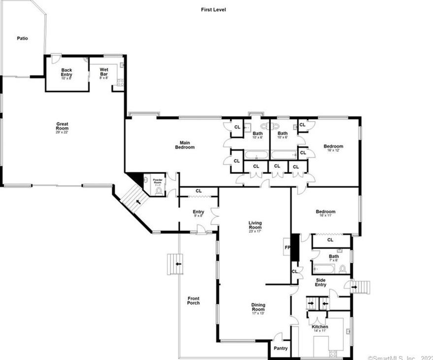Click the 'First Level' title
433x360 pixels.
pyautogui.click(x=213, y=9)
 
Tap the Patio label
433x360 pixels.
pyautogui.click(x=22, y=38)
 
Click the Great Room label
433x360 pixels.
pyautogui.click(x=62, y=127)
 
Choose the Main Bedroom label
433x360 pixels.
pyautogui.click(x=186, y=145)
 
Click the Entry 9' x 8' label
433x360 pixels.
pyautogui.click(x=198, y=213)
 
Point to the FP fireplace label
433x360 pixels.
pyautogui.click(x=286, y=247)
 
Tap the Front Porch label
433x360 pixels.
pyautogui.click(x=194, y=300)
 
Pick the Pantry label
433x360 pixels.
pyautogui.click(x=281, y=348)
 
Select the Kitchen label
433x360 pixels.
pyautogui.click(x=320, y=328)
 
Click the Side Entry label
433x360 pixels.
pyautogui.click(x=321, y=282)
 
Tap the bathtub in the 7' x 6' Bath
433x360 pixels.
pyautogui.click(x=324, y=268)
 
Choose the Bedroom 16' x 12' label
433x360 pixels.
pyautogui.click(x=333, y=148)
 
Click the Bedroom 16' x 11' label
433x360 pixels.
pyautogui.click(x=325, y=213)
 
